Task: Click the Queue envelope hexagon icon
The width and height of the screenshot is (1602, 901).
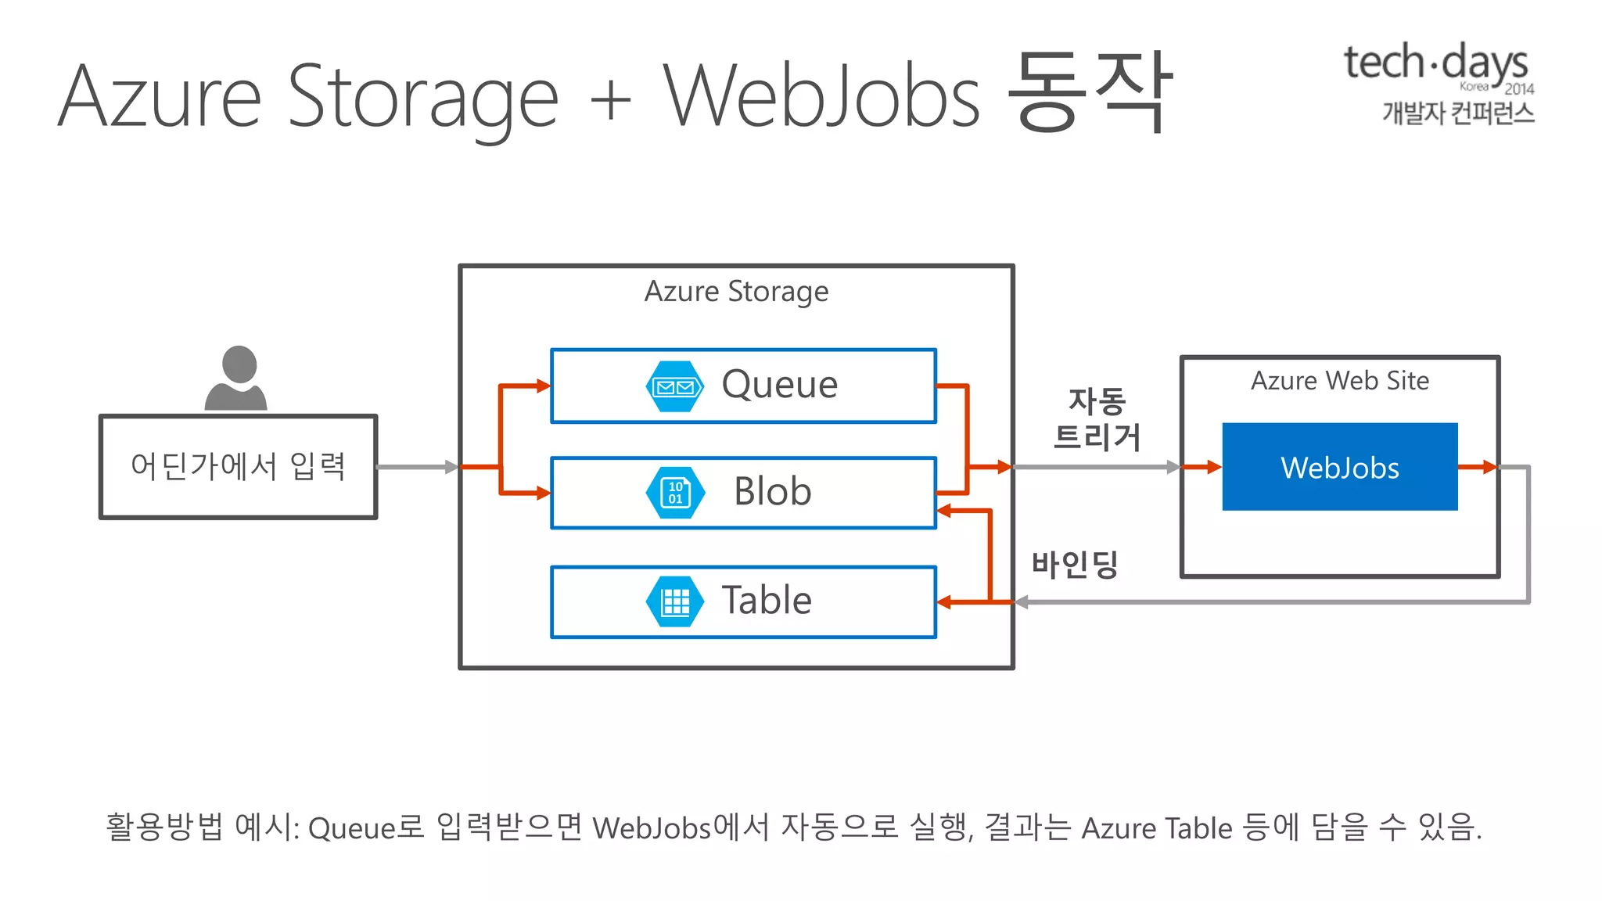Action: click(674, 386)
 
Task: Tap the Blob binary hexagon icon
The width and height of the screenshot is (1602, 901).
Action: click(675, 493)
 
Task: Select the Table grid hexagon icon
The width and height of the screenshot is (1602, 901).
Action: click(675, 601)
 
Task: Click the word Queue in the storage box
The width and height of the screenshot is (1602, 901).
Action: click(779, 385)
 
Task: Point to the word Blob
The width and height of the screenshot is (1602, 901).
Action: click(772, 492)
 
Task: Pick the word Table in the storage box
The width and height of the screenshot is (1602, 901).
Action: click(766, 601)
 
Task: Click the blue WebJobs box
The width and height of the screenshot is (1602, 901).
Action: click(1339, 467)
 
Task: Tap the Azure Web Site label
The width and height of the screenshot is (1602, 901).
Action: click(1339, 381)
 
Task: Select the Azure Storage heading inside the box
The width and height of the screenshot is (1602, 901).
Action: click(736, 292)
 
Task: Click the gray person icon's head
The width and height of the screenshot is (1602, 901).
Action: click(239, 364)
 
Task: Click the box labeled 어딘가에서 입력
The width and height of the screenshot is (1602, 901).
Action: click(239, 467)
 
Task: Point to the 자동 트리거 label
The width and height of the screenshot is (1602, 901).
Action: click(1097, 420)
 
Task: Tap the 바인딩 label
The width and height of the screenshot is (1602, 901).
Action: click(1075, 564)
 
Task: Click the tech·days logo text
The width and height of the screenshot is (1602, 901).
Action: click(1435, 63)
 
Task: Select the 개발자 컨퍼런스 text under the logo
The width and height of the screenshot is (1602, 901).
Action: click(1457, 113)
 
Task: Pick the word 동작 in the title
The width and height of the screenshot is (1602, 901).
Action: click(1089, 92)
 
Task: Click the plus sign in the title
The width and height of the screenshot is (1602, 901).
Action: click(610, 101)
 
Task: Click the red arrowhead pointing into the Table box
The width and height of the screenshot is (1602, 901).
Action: click(944, 602)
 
